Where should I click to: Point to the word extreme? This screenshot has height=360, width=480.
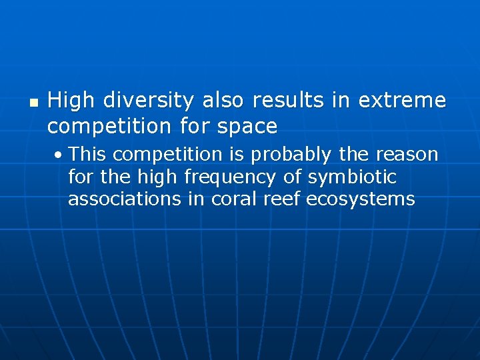pyautogui.click(x=402, y=101)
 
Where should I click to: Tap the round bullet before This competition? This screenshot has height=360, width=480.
pyautogui.click(x=60, y=155)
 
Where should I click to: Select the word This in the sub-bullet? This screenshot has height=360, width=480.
pyautogui.click(x=88, y=155)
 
